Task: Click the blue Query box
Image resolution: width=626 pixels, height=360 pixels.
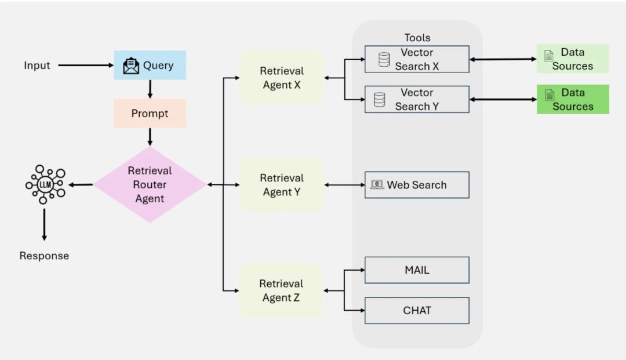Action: coord(150,65)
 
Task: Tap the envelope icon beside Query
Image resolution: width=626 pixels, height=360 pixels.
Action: coord(132,66)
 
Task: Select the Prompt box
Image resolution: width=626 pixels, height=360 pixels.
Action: coord(150,113)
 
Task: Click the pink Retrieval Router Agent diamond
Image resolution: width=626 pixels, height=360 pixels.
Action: coord(150,184)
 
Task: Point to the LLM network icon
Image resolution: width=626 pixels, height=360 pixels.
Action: coord(45,184)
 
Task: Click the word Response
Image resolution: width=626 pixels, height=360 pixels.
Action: coord(44,256)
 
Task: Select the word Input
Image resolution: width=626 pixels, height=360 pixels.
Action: coord(37,66)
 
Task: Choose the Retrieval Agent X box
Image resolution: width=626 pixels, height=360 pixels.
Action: coord(281,78)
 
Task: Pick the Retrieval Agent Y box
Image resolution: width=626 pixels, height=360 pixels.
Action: coord(281,184)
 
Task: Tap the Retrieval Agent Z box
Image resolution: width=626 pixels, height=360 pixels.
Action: coord(281,290)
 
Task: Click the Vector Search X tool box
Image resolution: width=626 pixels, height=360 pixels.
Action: coord(417,59)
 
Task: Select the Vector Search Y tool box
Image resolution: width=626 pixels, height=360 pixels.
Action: coord(417,99)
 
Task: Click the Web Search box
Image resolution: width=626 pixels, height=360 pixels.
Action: coord(417,185)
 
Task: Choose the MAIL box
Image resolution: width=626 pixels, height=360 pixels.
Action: coord(417,270)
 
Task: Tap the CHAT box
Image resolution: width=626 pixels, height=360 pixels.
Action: coord(417,310)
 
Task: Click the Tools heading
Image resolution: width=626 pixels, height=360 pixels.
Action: coord(417,38)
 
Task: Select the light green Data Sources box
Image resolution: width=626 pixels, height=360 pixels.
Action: coord(573,59)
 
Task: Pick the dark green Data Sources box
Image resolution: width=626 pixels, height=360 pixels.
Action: coord(573,99)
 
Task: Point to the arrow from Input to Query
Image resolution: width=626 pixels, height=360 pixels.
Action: coord(86,66)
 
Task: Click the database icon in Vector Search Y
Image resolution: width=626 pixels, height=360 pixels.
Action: coord(380,100)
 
